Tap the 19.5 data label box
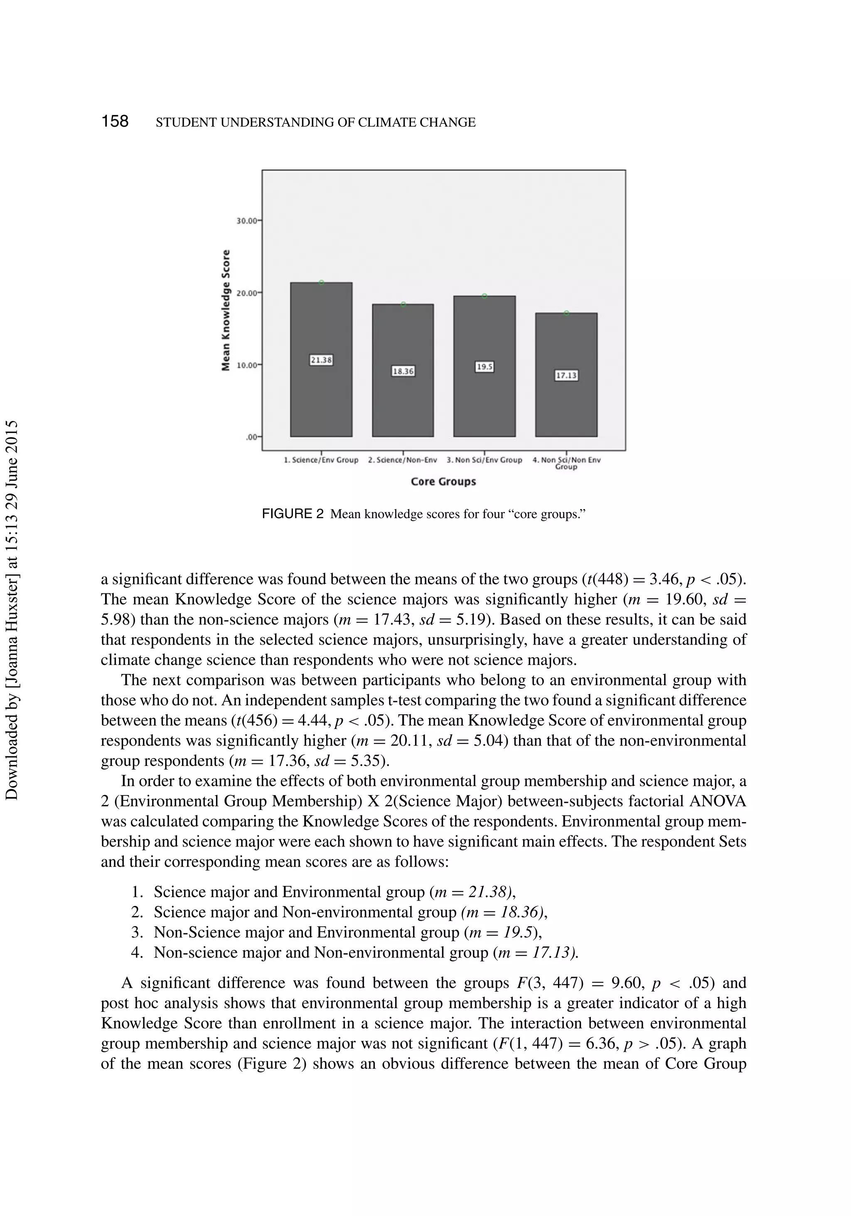484,367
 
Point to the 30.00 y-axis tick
247,220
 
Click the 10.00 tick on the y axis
247,365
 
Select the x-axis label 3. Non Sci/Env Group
484,460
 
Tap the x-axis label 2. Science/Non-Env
403,460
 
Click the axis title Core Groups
443,481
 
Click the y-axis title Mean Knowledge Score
226,310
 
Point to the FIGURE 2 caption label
292,514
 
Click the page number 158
115,122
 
